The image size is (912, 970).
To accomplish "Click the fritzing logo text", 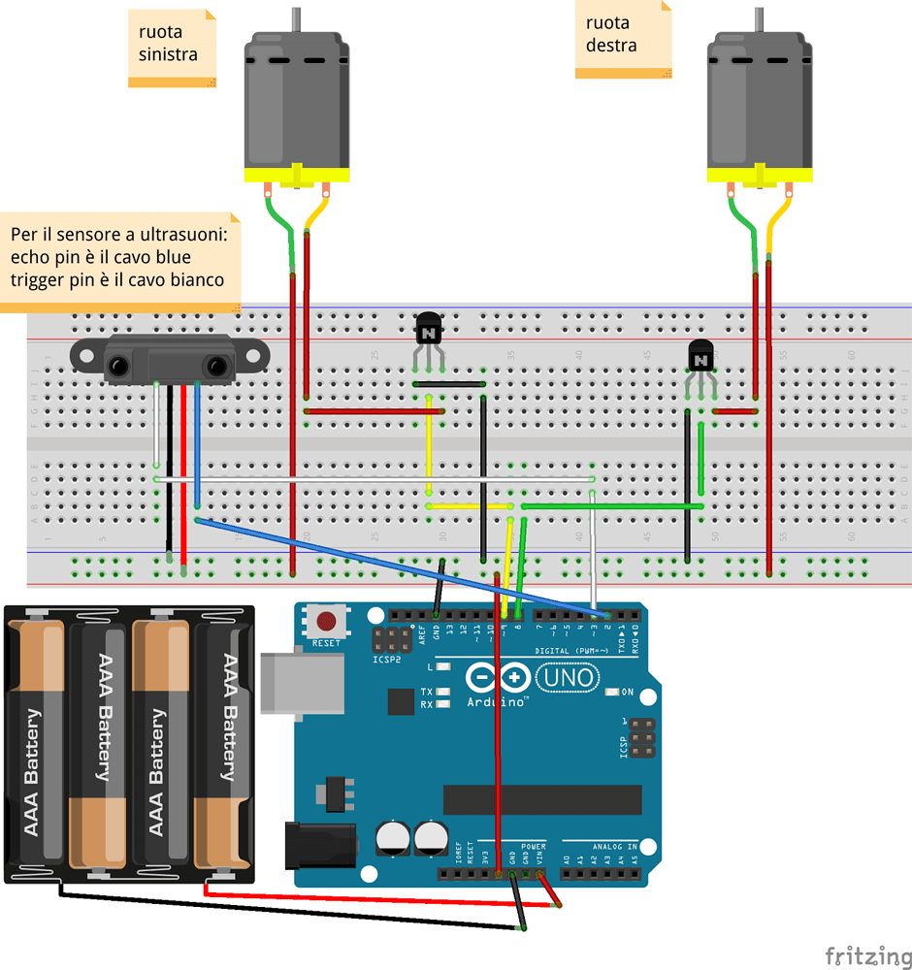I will [x=863, y=954].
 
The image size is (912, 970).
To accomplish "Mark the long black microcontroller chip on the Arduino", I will [x=542, y=799].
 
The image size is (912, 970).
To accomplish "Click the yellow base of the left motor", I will [x=295, y=176].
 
